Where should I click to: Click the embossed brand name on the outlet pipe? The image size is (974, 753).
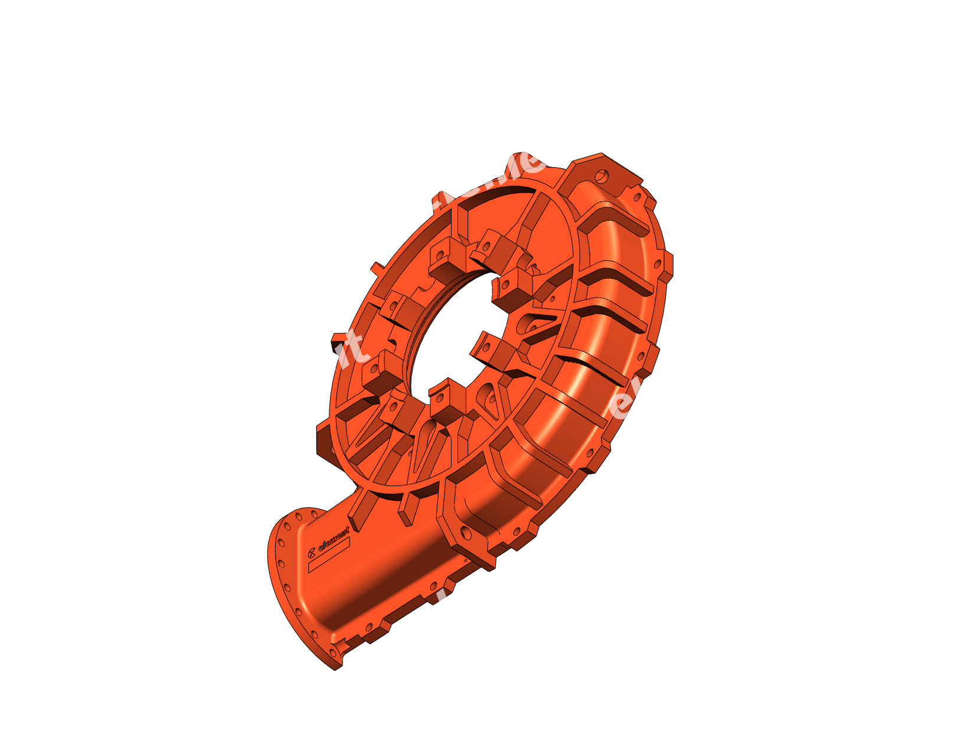(334, 538)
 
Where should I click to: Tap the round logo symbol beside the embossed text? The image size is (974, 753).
(312, 553)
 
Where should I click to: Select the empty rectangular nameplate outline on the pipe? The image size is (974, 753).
(329, 555)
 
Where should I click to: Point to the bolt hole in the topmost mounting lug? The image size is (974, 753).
(602, 175)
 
